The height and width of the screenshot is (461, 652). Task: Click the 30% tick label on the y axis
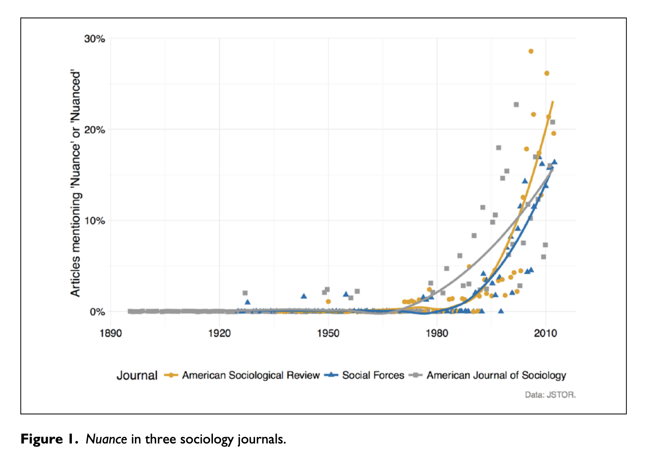click(x=94, y=39)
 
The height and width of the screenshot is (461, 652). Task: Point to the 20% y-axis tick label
click(x=94, y=130)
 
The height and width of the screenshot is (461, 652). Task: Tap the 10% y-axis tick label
click(x=94, y=221)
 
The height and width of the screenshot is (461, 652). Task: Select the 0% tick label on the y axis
click(x=97, y=312)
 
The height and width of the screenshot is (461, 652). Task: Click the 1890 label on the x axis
click(x=110, y=333)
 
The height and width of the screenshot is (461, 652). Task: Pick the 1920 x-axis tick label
click(x=219, y=333)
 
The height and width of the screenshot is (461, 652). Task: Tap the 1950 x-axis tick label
click(x=328, y=333)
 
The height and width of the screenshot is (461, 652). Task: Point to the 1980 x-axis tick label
click(x=437, y=333)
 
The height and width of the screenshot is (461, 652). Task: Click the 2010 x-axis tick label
click(x=546, y=333)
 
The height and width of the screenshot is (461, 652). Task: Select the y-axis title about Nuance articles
click(x=76, y=184)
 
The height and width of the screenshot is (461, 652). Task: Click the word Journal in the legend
click(x=137, y=376)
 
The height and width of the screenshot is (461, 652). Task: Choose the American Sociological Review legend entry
click(x=251, y=375)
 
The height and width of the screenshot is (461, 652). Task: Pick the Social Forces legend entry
click(x=373, y=375)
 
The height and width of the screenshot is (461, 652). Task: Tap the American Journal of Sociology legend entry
click(x=496, y=375)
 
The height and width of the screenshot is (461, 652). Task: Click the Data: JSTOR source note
click(x=550, y=395)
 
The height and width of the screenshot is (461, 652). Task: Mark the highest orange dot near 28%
click(x=531, y=51)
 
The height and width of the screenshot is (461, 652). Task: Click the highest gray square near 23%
click(x=516, y=105)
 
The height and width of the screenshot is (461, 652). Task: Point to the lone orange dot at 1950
click(x=328, y=301)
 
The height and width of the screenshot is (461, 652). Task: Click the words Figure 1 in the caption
click(x=49, y=439)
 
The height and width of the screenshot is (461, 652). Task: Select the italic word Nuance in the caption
click(x=106, y=439)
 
